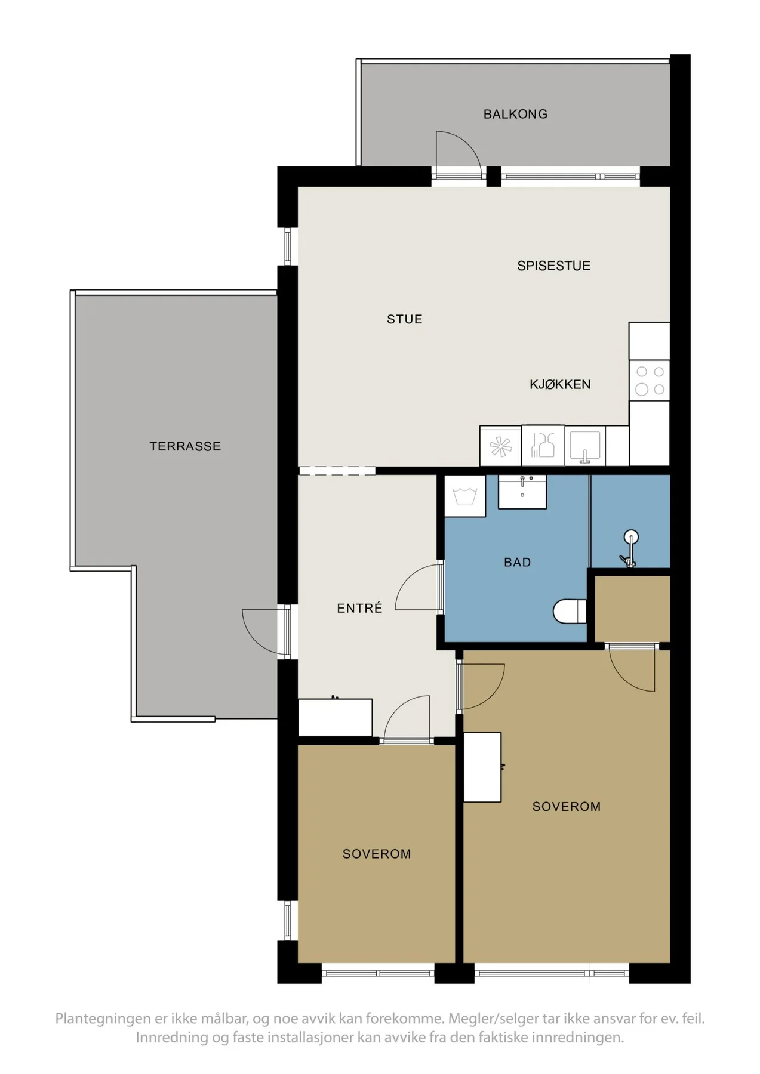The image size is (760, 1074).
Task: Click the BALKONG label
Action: coord(515,114)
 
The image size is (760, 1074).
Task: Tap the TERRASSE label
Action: coord(185,446)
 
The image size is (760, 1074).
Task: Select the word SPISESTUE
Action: coord(554,266)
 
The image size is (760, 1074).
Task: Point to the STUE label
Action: coord(405,319)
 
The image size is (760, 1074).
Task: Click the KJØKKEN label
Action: coord(560,384)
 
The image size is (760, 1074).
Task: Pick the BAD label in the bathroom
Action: coord(518,562)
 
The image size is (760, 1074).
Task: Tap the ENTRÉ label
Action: coord(359,608)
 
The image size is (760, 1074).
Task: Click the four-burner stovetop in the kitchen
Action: coord(650,381)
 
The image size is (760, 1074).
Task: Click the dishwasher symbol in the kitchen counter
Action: coord(543,446)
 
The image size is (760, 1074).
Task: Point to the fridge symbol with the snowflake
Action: coord(501,446)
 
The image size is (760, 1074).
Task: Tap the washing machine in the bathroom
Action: coord(465,496)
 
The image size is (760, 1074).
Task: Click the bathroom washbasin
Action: coord(522,492)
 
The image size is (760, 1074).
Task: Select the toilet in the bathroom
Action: coord(570,612)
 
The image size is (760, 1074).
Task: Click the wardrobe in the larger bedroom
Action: coord(482,767)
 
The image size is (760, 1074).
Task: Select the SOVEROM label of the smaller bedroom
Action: coord(377,854)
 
